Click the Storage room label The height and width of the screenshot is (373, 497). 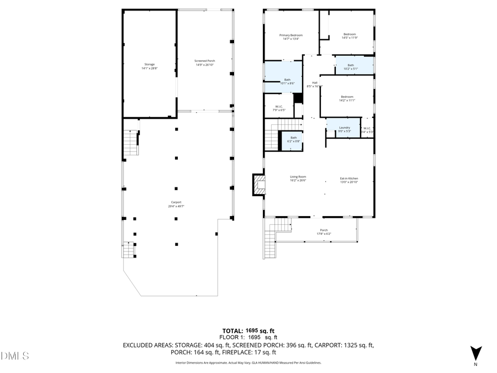[149, 66]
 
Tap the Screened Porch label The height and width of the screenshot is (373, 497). [204, 62]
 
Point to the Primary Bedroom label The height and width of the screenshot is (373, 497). [291, 36]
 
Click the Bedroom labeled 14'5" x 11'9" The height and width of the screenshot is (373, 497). [350, 36]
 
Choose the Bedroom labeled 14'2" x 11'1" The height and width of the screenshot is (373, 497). [347, 98]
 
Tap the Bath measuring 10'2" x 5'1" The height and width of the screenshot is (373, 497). [351, 67]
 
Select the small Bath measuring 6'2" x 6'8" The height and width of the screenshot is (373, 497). [294, 139]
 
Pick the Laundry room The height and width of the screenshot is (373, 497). [345, 129]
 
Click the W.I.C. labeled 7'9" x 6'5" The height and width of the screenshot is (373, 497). [279, 108]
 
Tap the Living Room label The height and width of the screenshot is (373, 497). [298, 178]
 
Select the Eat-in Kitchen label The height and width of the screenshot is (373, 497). [349, 180]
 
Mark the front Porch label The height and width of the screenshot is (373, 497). [324, 232]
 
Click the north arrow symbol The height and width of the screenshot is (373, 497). [475, 353]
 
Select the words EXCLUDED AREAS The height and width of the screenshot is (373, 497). [146, 345]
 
